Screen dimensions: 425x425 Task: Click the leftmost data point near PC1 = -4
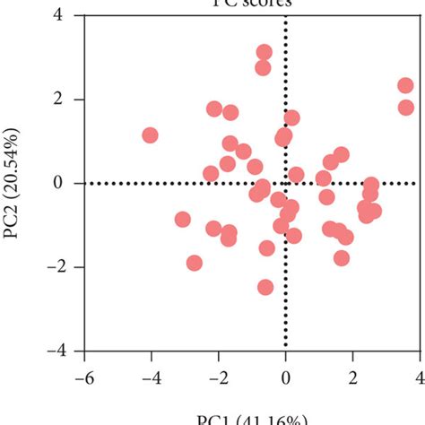(x=150, y=135)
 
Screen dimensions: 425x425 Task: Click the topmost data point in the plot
(x=264, y=52)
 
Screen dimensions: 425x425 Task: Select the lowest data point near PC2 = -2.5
(x=265, y=287)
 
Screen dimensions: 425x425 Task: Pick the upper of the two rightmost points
(x=405, y=86)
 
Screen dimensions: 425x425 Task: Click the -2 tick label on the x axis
(x=217, y=377)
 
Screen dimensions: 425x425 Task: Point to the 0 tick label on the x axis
(x=285, y=377)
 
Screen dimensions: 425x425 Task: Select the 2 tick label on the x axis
(x=352, y=377)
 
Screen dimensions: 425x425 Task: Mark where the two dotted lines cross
(x=285, y=183)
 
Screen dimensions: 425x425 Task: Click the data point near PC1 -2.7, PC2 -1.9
(x=195, y=263)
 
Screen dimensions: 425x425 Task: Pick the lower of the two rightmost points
(x=406, y=108)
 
